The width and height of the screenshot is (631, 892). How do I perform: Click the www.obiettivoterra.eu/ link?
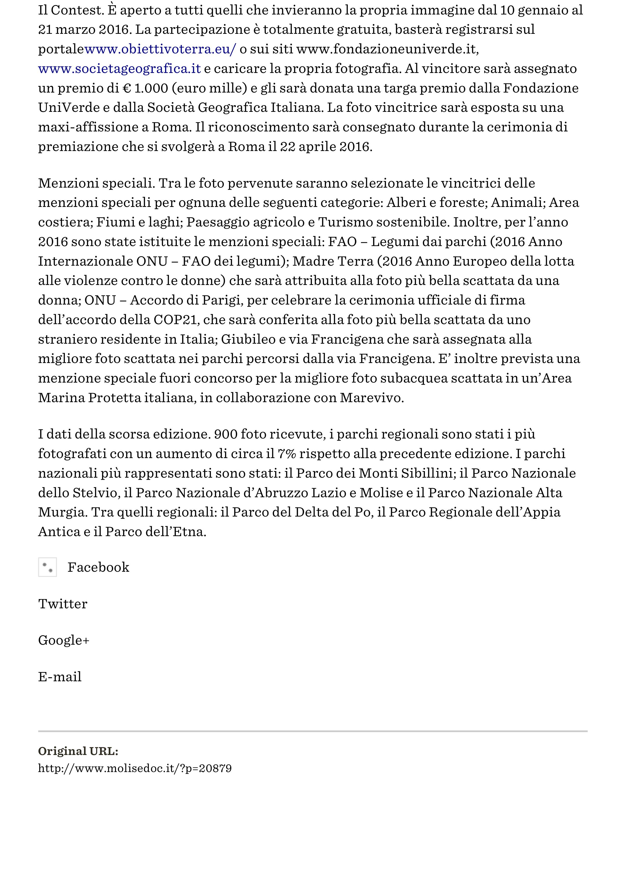pos(160,49)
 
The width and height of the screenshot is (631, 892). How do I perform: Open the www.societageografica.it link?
pos(119,69)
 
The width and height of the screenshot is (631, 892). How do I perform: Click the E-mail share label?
pos(60,677)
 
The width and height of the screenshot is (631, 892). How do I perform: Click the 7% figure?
pos(287,454)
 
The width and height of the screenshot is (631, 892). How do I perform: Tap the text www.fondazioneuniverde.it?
pos(386,49)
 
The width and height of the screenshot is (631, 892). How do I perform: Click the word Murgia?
pos(61,512)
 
